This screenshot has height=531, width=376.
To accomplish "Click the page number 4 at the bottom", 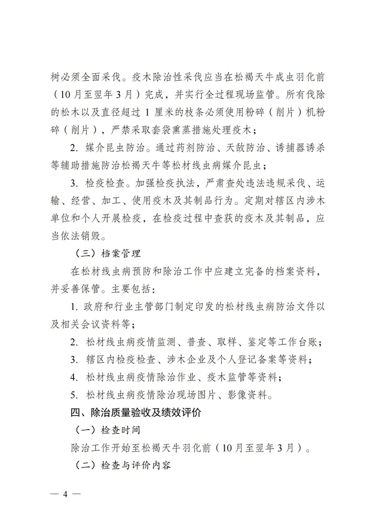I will tap(64, 493).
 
